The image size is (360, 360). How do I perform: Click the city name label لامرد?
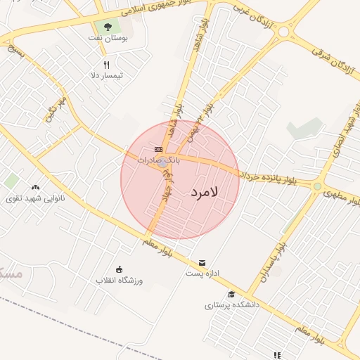(x=205, y=191)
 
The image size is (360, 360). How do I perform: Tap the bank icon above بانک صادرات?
(x=158, y=149)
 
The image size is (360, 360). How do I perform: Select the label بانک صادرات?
(x=159, y=160)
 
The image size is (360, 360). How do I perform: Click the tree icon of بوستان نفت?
(x=107, y=26)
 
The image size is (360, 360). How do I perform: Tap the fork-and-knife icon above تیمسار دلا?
(x=107, y=64)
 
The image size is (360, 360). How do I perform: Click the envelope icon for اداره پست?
(x=202, y=262)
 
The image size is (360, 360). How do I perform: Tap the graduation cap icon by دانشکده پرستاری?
(x=231, y=295)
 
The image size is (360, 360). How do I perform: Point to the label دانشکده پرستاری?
(x=232, y=305)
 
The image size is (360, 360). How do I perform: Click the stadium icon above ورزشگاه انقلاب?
(x=119, y=269)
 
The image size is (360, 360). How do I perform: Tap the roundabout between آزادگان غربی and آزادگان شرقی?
(x=285, y=32)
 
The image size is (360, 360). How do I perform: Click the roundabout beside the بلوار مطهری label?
(x=318, y=186)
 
